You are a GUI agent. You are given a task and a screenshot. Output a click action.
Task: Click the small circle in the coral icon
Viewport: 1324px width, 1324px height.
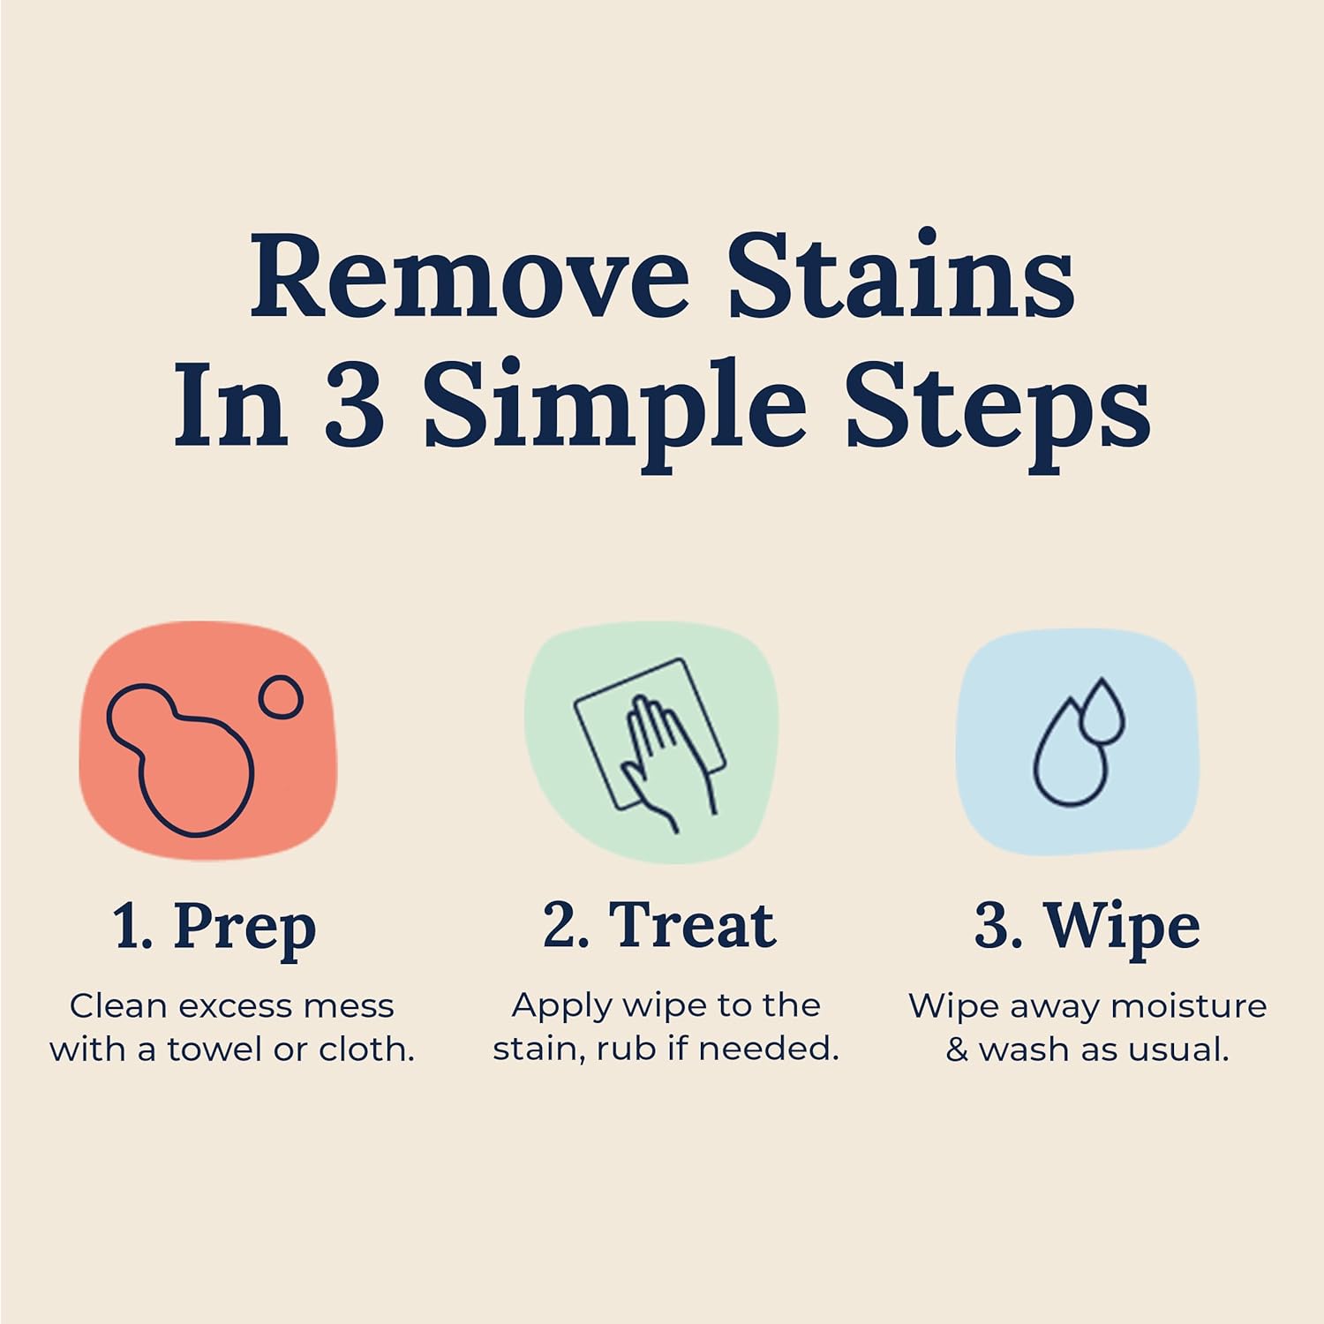(x=281, y=697)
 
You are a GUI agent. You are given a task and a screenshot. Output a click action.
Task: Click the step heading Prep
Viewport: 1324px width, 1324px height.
(x=244, y=928)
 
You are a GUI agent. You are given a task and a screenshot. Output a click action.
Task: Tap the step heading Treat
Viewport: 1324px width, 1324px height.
(x=692, y=926)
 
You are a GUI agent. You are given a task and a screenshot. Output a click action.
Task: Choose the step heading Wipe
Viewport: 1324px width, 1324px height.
(x=1122, y=928)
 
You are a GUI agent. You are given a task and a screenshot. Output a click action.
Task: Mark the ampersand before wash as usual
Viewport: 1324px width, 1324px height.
(x=957, y=1050)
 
